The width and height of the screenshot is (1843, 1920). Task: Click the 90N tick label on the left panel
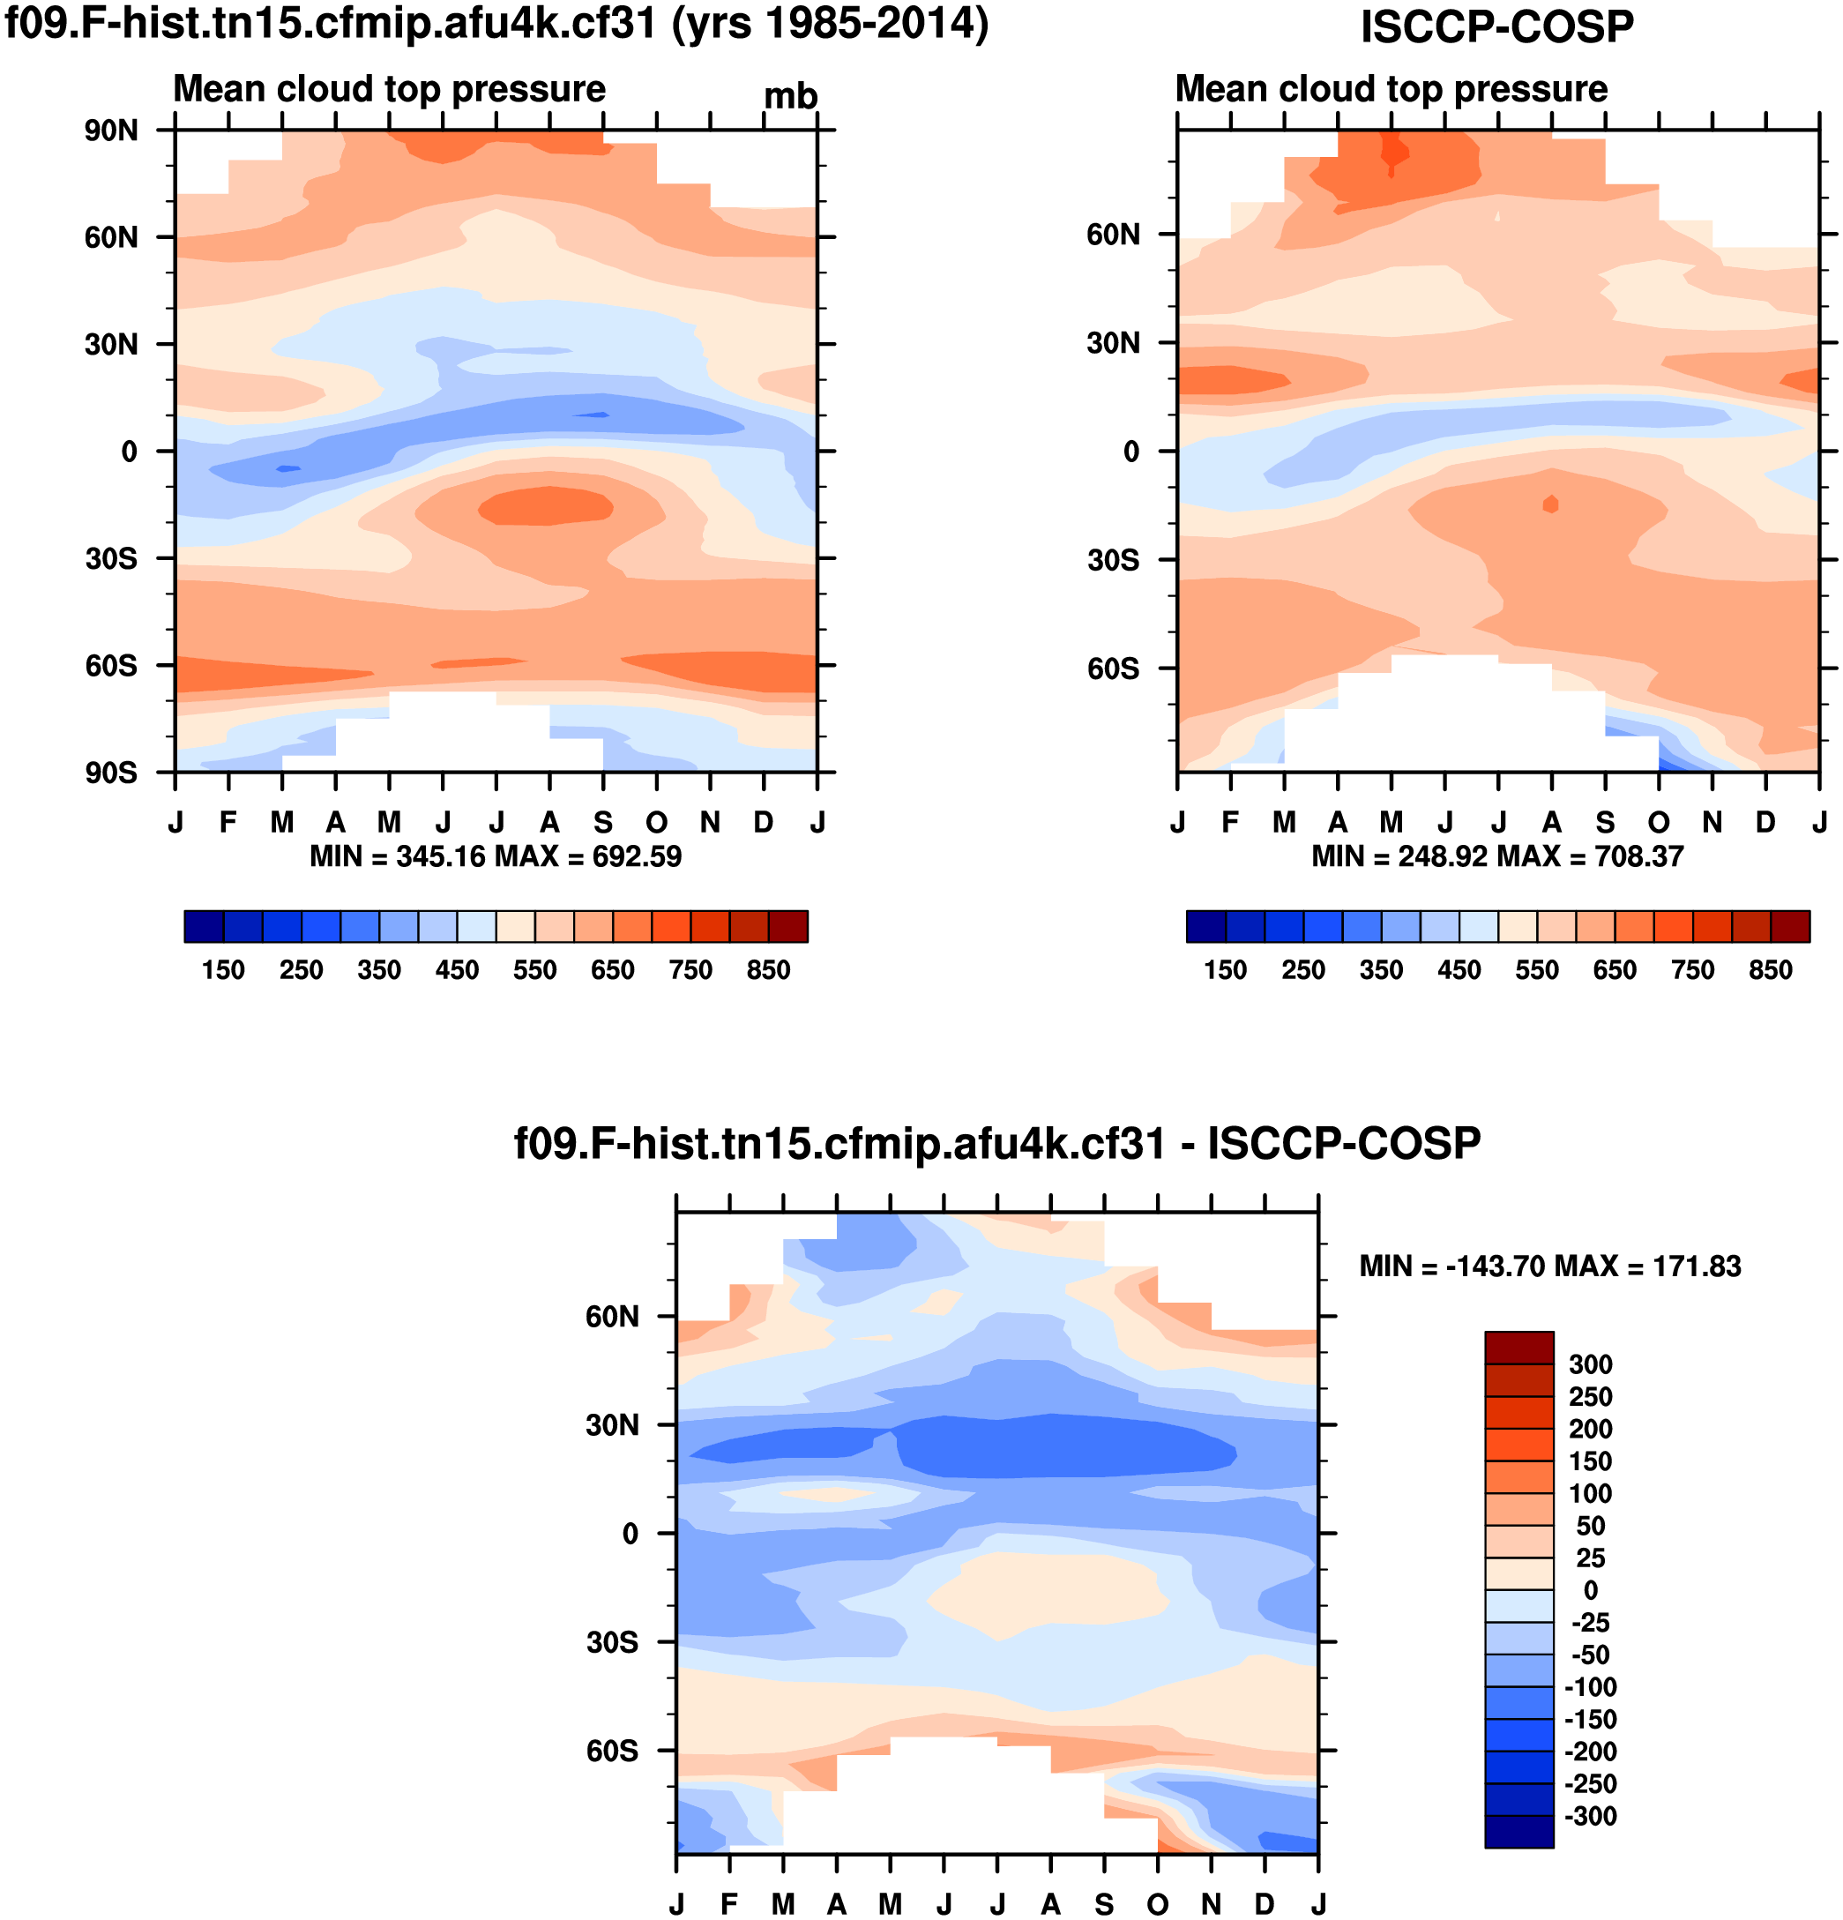(110, 131)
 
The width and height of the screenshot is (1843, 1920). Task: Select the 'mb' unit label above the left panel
(789, 96)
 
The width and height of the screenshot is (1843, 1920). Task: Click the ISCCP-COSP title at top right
(1496, 26)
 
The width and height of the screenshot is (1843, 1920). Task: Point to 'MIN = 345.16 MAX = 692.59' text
(496, 856)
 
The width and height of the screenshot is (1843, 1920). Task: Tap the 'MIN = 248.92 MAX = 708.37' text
(1497, 856)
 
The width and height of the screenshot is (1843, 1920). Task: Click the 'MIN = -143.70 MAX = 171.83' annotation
(1550, 1266)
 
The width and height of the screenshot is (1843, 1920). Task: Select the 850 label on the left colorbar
(768, 970)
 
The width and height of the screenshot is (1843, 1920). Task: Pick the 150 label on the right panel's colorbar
(1225, 970)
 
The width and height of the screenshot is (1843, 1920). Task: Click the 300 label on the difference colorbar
(1590, 1363)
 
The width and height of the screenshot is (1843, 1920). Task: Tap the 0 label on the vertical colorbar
(1590, 1590)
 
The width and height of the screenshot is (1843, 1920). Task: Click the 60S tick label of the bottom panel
(612, 1751)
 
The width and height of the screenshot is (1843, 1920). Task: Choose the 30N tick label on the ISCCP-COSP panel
(1114, 343)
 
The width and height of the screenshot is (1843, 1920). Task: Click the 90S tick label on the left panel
(110, 773)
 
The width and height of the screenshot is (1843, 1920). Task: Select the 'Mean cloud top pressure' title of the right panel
(1391, 89)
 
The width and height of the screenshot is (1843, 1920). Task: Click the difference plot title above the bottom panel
(997, 1143)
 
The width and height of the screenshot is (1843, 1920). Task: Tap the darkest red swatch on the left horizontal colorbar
(787, 926)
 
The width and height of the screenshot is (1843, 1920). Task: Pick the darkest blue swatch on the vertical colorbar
(1518, 1831)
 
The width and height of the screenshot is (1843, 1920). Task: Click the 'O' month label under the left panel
(656, 822)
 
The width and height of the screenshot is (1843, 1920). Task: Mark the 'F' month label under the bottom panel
(729, 1903)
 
